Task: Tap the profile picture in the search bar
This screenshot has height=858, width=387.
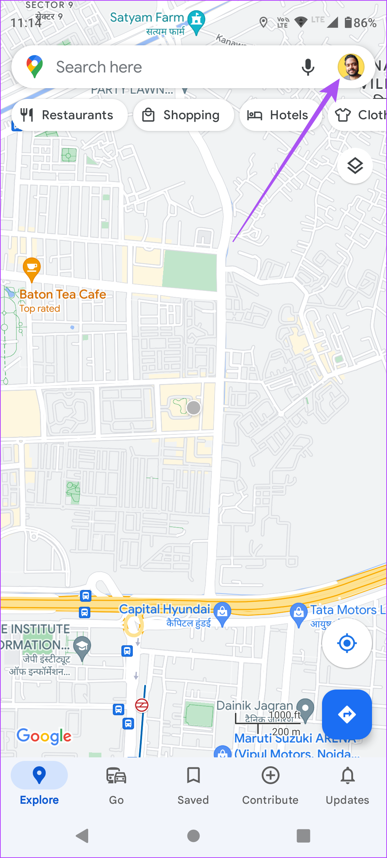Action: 351,67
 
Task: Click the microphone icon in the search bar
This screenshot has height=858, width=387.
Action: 308,67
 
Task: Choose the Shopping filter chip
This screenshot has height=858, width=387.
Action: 184,115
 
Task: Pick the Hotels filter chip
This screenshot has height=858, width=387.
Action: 281,115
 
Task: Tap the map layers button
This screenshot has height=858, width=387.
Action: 355,166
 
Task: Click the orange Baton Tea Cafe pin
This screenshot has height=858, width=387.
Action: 31,268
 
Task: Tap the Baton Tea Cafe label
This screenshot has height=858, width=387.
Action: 63,294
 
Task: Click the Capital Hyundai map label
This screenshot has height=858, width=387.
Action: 165,609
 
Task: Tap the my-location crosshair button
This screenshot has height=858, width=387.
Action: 347,643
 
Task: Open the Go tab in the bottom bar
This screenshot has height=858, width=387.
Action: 116,783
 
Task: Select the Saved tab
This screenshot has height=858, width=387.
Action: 193,783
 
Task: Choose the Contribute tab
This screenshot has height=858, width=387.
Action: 270,783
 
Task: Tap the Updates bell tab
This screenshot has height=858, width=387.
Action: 347,783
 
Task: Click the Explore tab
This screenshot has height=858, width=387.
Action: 39,783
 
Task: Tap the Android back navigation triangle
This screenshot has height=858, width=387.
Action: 82,836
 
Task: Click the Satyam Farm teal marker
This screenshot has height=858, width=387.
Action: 196,21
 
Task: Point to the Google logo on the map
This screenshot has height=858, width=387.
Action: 44,736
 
